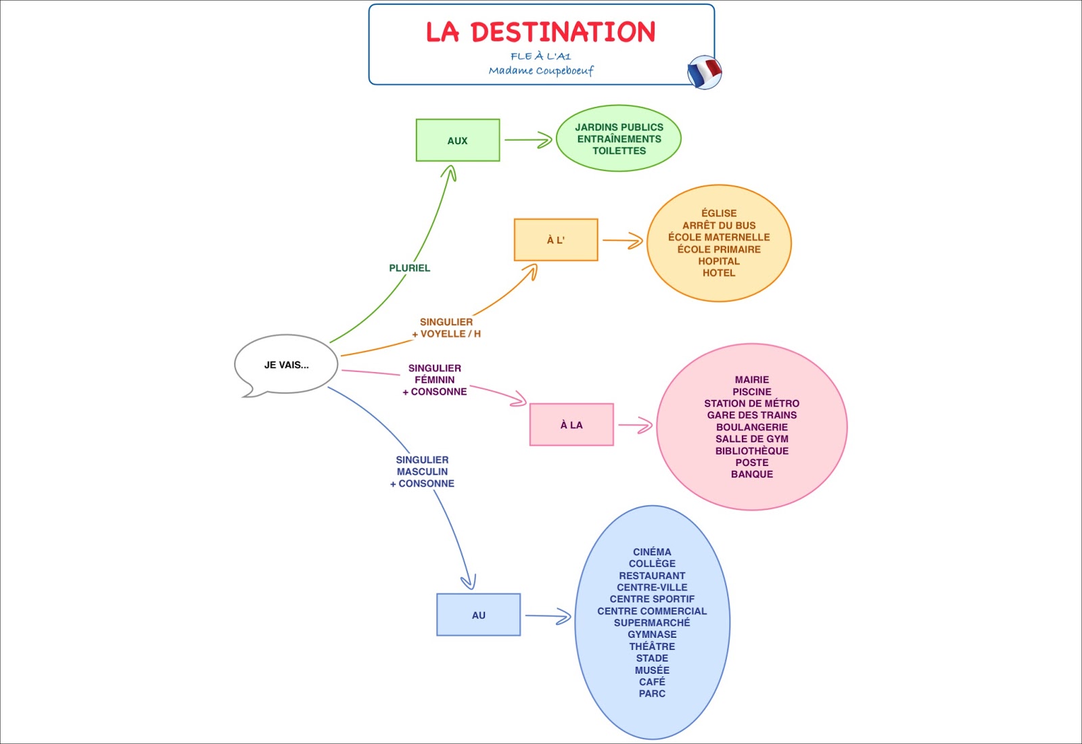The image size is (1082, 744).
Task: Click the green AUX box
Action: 458,141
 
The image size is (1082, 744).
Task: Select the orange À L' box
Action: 556,240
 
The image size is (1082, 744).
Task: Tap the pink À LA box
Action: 571,425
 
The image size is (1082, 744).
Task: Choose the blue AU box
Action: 479,615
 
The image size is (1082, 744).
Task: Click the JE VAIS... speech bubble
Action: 286,365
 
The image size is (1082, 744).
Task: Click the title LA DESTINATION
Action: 540,32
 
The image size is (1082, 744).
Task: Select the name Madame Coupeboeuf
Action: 541,70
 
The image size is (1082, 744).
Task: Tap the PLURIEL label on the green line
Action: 410,268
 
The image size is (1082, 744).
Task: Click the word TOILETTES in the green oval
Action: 619,151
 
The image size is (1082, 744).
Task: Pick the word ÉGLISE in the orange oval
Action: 719,213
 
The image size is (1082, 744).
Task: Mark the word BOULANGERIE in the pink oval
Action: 752,427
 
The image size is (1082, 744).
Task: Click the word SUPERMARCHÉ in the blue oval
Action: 652,622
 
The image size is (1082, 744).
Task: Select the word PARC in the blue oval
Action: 652,693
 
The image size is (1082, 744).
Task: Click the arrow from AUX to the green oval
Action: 528,140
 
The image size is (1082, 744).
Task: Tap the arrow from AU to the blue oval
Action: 548,616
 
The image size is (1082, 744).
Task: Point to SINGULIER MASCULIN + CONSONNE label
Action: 423,471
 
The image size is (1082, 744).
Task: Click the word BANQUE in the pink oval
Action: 752,474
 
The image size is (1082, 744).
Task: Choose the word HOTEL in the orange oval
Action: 719,273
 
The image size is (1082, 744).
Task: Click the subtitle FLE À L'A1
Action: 541,56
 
